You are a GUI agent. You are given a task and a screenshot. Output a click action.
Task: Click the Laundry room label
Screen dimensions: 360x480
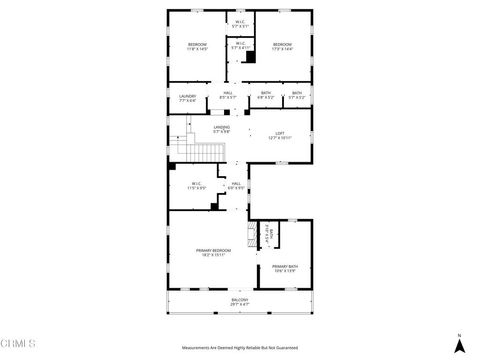[x=187, y=97]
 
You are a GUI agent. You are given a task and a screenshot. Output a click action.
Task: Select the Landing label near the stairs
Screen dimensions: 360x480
[x=221, y=128]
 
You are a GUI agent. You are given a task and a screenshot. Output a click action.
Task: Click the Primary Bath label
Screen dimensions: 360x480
[x=284, y=267]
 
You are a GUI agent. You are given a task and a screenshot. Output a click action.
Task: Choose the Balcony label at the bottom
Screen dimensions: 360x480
[x=239, y=301]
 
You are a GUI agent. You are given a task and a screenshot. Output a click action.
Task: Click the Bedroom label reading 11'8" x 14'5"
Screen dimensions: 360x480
[x=198, y=47]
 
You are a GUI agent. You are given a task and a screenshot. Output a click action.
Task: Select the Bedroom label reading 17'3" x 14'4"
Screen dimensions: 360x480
[x=282, y=47]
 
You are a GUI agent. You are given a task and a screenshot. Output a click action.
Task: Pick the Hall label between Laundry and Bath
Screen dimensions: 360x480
[x=228, y=97]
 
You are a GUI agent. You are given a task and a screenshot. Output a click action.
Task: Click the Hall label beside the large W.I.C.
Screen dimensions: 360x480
[x=237, y=186]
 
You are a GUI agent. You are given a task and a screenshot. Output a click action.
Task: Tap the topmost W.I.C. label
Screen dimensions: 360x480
[x=240, y=23]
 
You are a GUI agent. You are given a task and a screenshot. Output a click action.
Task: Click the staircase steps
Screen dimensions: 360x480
[x=205, y=152]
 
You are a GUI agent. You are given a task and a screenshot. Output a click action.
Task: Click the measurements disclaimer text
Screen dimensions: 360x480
[x=239, y=347]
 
